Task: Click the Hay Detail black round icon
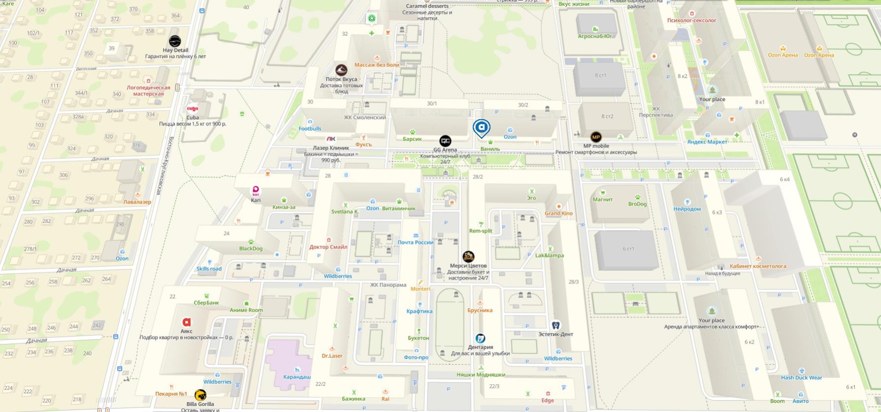(x=175, y=41)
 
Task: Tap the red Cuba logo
(x=193, y=109)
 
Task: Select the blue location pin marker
(x=481, y=128)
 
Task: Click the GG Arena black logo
(x=445, y=141)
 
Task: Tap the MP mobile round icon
(x=596, y=137)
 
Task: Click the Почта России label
(x=415, y=242)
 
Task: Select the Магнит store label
(x=603, y=199)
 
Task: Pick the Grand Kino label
(x=558, y=214)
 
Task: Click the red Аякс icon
(x=186, y=322)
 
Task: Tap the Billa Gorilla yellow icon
(x=200, y=395)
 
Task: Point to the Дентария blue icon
(x=480, y=339)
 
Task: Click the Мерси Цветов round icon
(x=468, y=256)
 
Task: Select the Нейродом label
(x=687, y=209)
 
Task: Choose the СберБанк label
(x=206, y=303)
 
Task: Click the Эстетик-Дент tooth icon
(x=555, y=325)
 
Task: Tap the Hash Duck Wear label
(x=801, y=378)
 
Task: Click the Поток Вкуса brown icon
(x=341, y=70)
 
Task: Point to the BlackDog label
(x=251, y=249)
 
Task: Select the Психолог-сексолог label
(x=691, y=21)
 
